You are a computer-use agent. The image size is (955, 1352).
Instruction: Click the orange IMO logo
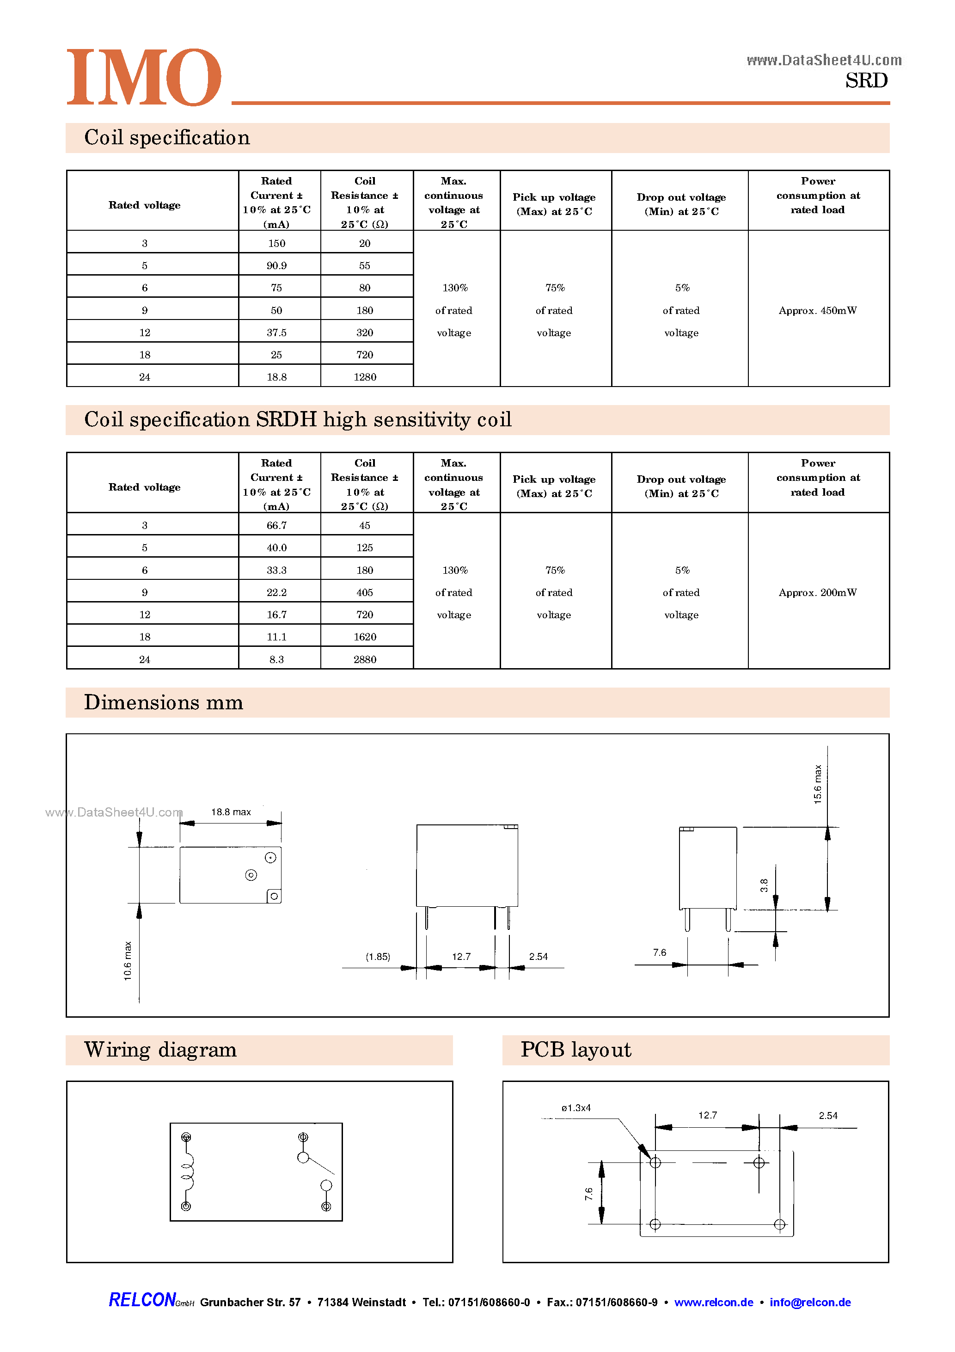144,77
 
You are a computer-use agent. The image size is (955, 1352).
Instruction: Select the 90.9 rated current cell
276,265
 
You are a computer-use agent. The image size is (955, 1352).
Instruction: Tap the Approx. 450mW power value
817,310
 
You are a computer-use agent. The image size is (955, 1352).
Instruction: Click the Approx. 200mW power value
817,592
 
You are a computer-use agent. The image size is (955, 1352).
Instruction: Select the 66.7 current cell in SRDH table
276,525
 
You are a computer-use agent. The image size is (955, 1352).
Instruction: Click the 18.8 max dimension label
231,812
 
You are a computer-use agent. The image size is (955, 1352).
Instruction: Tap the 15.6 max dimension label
817,784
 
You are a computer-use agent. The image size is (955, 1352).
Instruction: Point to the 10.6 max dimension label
128,960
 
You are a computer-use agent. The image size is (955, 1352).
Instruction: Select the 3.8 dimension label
764,885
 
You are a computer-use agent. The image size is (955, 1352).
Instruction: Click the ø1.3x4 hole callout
576,1107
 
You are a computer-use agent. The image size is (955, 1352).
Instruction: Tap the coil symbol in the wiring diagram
187,1172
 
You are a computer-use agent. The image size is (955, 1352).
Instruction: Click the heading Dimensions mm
163,702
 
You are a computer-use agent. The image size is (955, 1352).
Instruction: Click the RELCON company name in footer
142,1300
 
